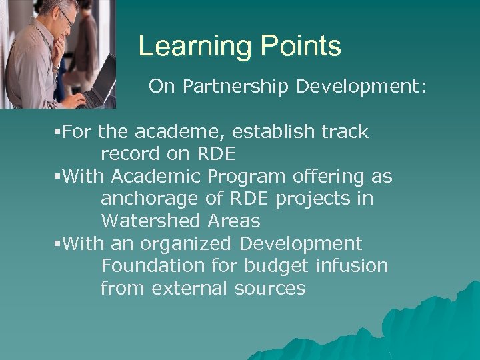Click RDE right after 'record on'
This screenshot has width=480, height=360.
click(216, 154)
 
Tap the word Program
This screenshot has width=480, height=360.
click(243, 177)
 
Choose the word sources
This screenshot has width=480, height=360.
click(270, 288)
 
